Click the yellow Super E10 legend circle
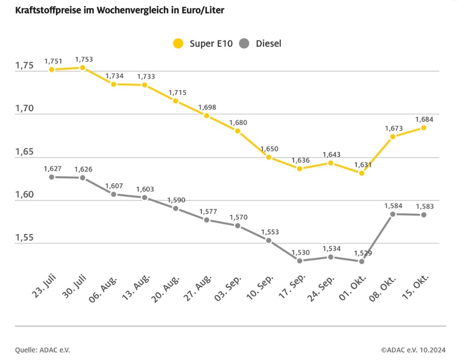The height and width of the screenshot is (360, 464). pos(179,43)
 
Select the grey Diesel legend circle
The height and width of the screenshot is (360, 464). pos(245,43)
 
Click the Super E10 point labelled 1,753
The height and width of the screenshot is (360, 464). pos(83,68)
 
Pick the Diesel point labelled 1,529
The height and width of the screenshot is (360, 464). pos(362,261)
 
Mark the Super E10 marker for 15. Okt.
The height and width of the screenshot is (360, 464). pos(424,128)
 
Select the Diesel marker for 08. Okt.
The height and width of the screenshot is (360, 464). pos(393,214)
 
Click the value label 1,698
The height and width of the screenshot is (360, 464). pos(206,106)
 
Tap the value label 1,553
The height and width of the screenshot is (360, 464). pos(270,232)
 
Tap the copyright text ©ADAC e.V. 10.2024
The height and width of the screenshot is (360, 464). pos(413,350)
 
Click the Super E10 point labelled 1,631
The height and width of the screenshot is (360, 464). pos(362,173)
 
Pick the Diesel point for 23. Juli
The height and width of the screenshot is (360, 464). pos(52,177)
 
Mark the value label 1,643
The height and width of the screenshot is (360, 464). pos(331,154)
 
